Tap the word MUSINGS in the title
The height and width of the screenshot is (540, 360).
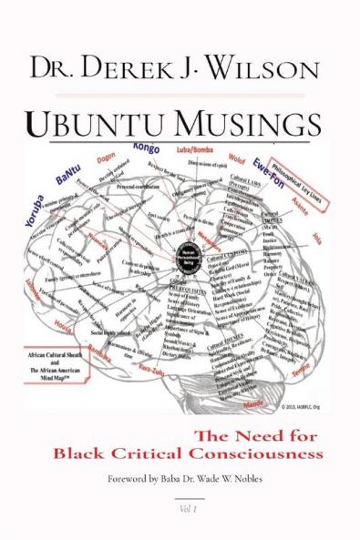click(243, 125)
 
